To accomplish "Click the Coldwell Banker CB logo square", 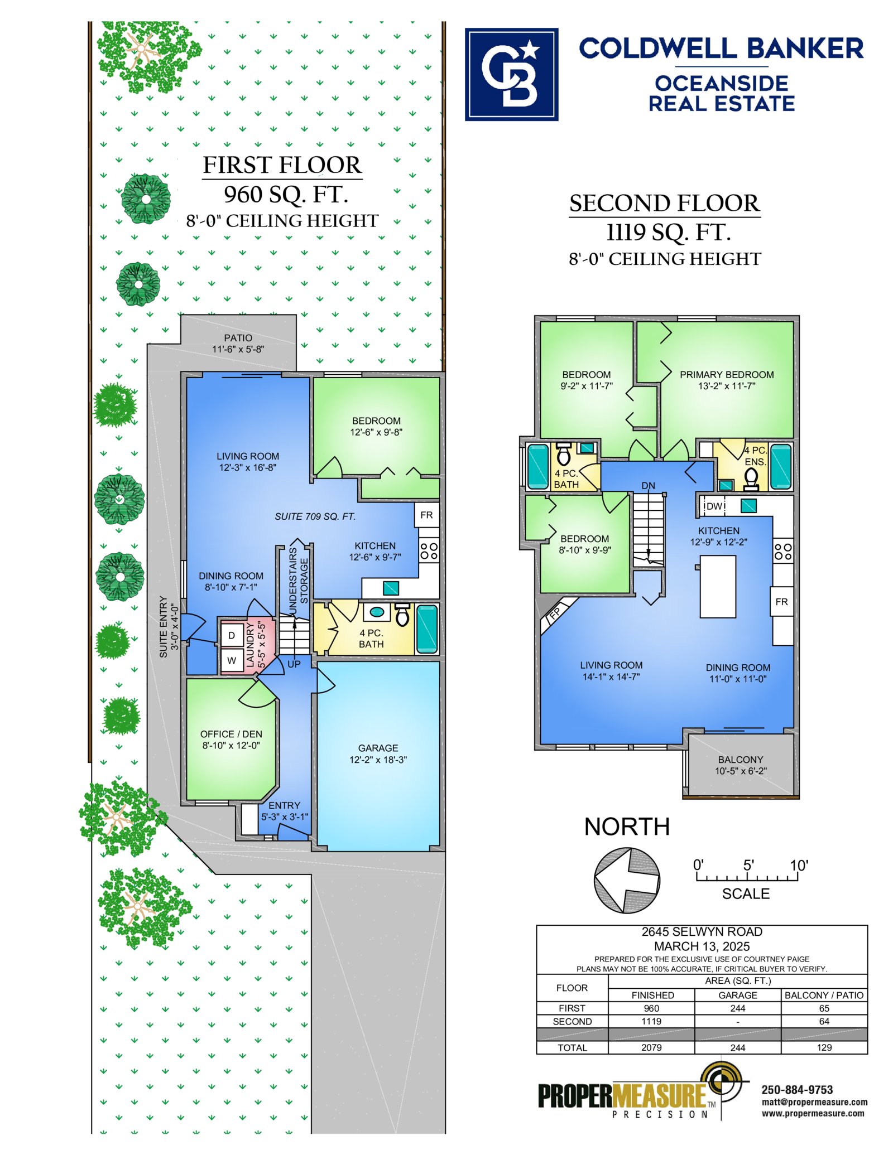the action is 511,74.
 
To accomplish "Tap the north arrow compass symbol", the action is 626,880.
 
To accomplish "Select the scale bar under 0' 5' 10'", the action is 747,877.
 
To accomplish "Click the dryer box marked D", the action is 232,635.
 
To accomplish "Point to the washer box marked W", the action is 232,661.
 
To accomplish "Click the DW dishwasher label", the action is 714,506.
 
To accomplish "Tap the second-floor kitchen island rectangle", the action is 718,586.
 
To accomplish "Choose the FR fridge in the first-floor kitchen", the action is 426,515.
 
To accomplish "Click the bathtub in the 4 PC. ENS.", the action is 780,467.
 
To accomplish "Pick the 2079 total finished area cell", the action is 651,1047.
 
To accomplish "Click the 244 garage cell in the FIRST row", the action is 738,1008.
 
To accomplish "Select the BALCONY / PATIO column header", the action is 824,995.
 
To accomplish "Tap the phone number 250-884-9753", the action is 797,1090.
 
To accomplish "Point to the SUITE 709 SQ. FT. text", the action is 315,516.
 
